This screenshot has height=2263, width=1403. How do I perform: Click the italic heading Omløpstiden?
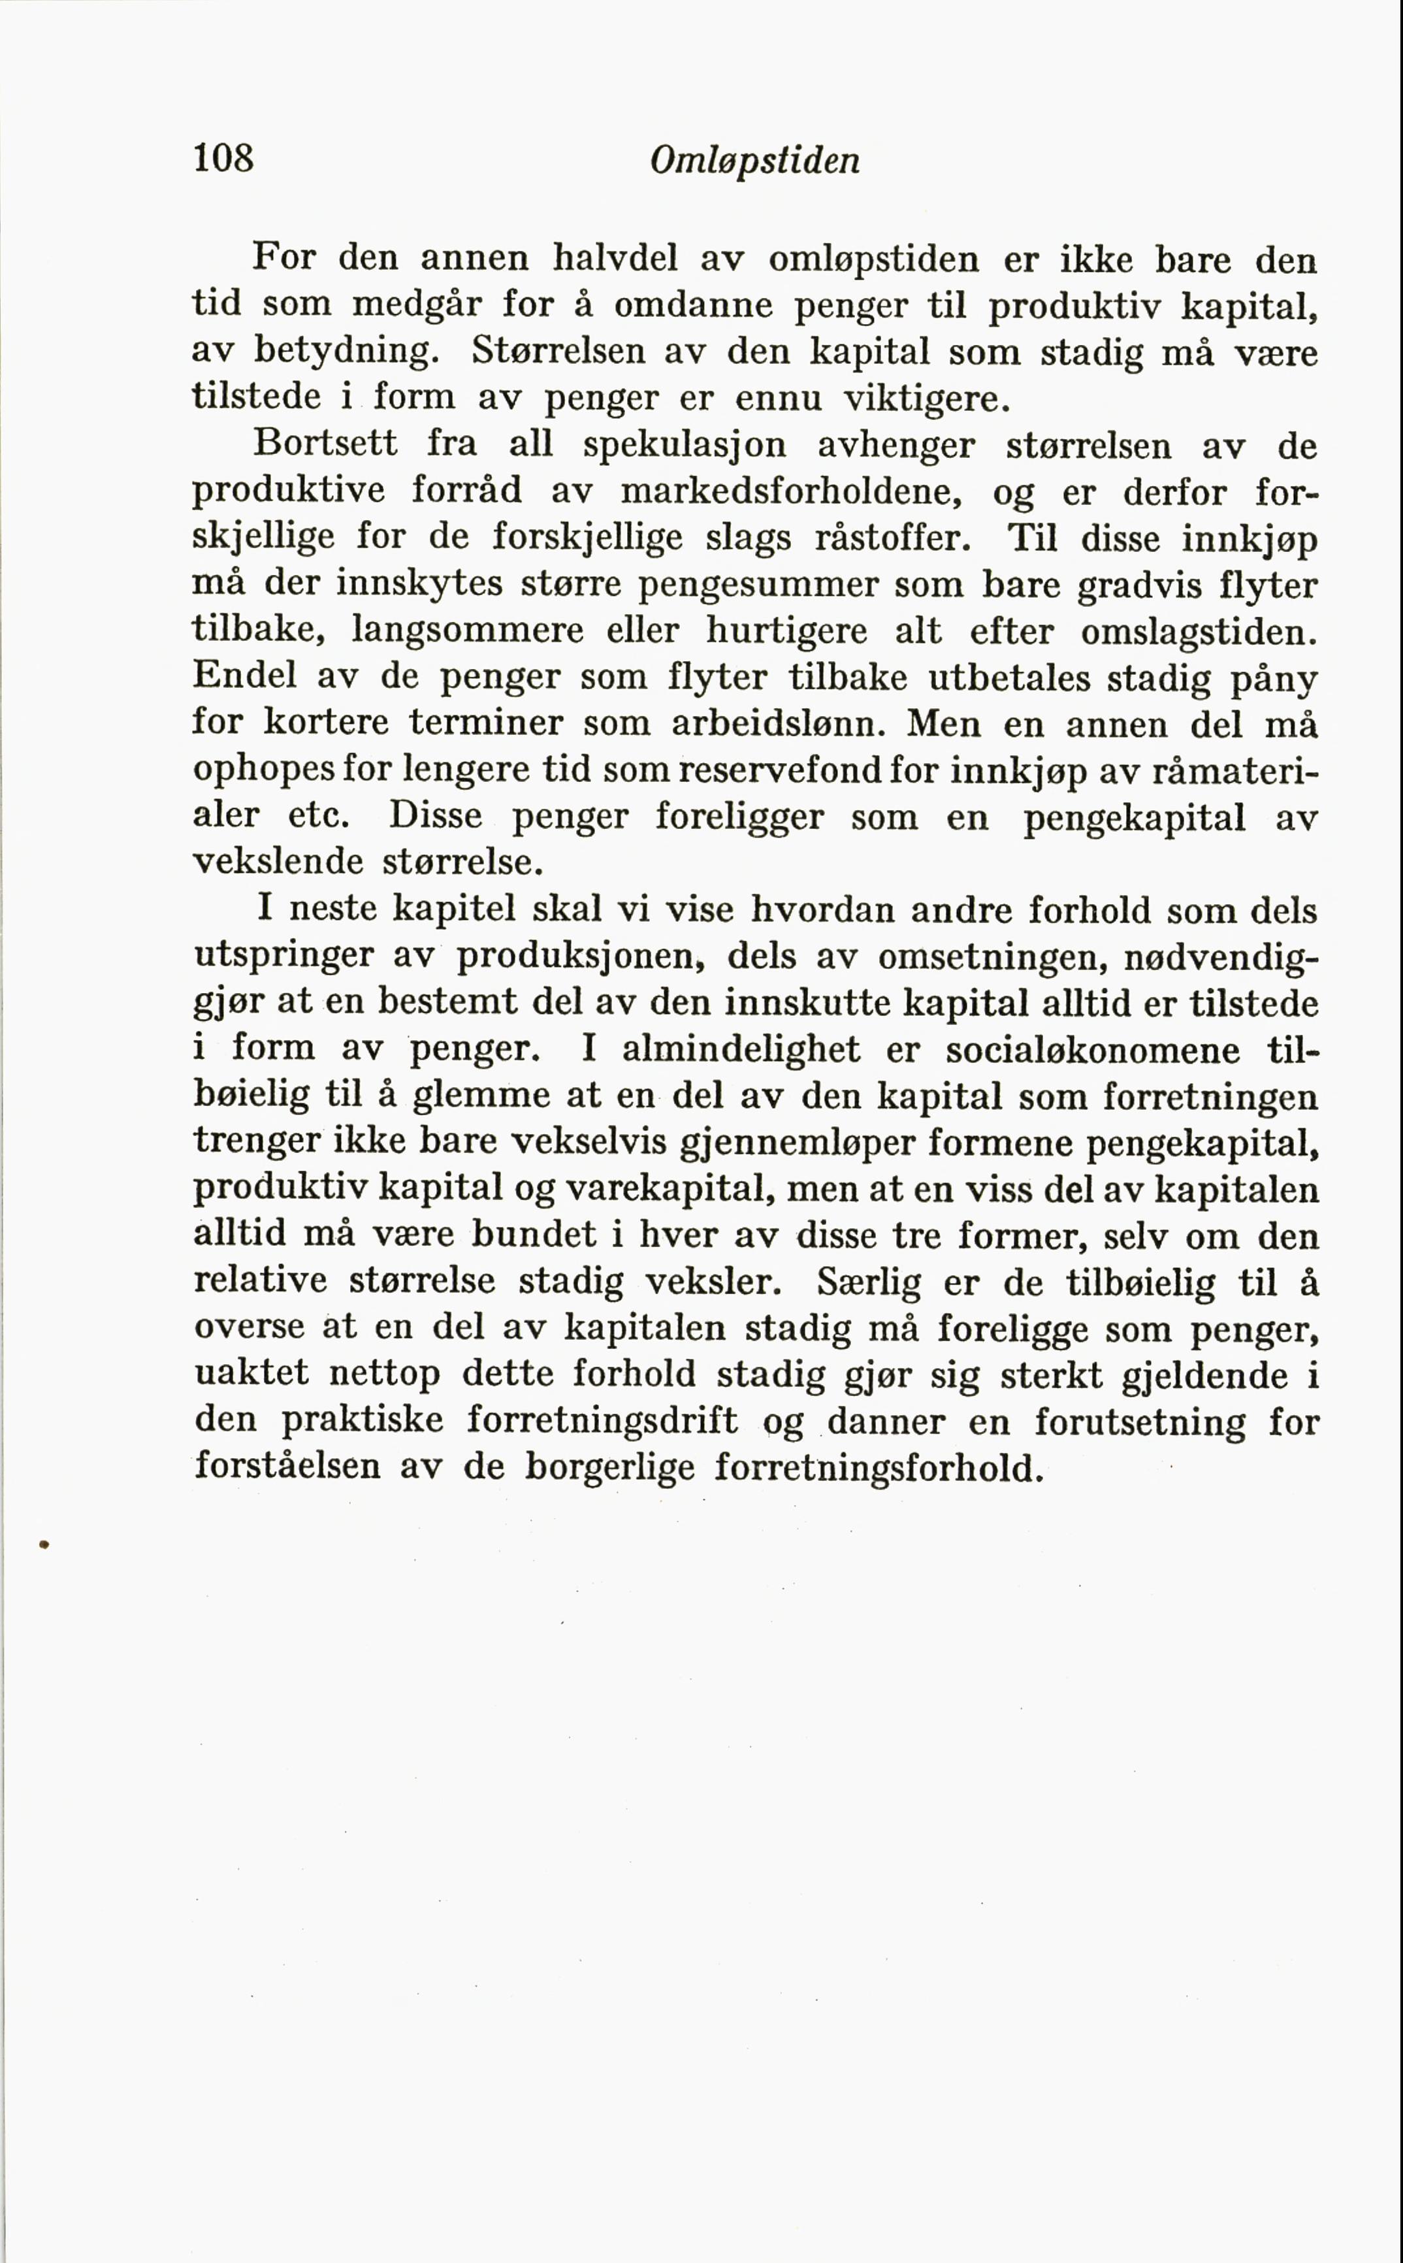point(754,161)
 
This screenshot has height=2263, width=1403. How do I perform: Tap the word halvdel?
point(616,258)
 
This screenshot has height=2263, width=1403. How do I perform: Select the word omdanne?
point(693,304)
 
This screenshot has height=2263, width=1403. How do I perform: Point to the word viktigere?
point(925,398)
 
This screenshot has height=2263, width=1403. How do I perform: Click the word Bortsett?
point(325,444)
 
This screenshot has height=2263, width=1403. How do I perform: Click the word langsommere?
point(468,631)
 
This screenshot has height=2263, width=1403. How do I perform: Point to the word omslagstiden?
point(1198,632)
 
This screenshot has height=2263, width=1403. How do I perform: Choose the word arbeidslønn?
point(777,724)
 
